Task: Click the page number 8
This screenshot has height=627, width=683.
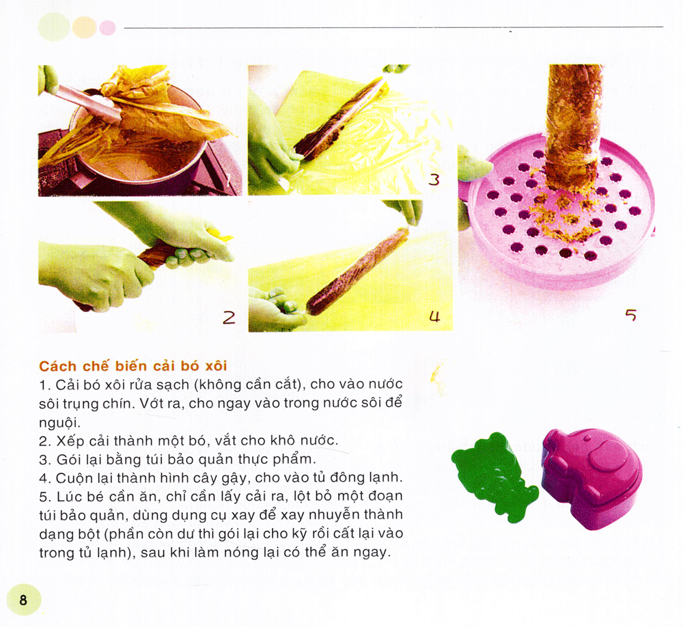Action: pyautogui.click(x=23, y=600)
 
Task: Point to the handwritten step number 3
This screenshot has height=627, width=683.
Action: pyautogui.click(x=433, y=180)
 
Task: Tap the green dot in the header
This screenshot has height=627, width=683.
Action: pyautogui.click(x=54, y=27)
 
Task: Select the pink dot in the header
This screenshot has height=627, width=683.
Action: pyautogui.click(x=107, y=27)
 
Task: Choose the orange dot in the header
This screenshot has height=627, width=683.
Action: pyautogui.click(x=84, y=27)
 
